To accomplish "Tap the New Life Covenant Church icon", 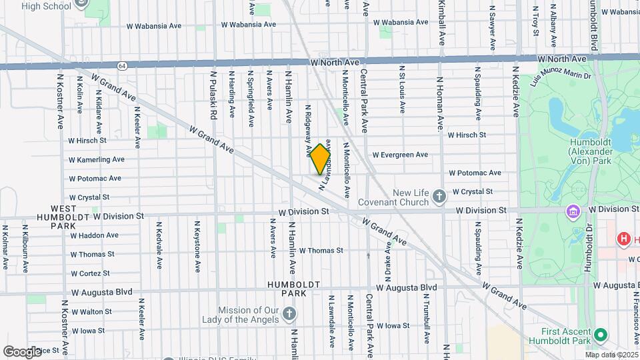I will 439,196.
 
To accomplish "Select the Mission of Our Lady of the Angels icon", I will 289,313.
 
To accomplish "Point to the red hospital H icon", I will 624,239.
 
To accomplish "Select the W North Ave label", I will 337,62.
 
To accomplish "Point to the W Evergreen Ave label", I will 400,155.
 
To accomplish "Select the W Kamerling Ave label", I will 97,160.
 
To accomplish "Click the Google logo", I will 22,351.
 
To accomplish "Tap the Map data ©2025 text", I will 611,355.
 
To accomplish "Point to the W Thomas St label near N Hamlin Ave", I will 321,251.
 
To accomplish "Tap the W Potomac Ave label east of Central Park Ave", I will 475,173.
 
